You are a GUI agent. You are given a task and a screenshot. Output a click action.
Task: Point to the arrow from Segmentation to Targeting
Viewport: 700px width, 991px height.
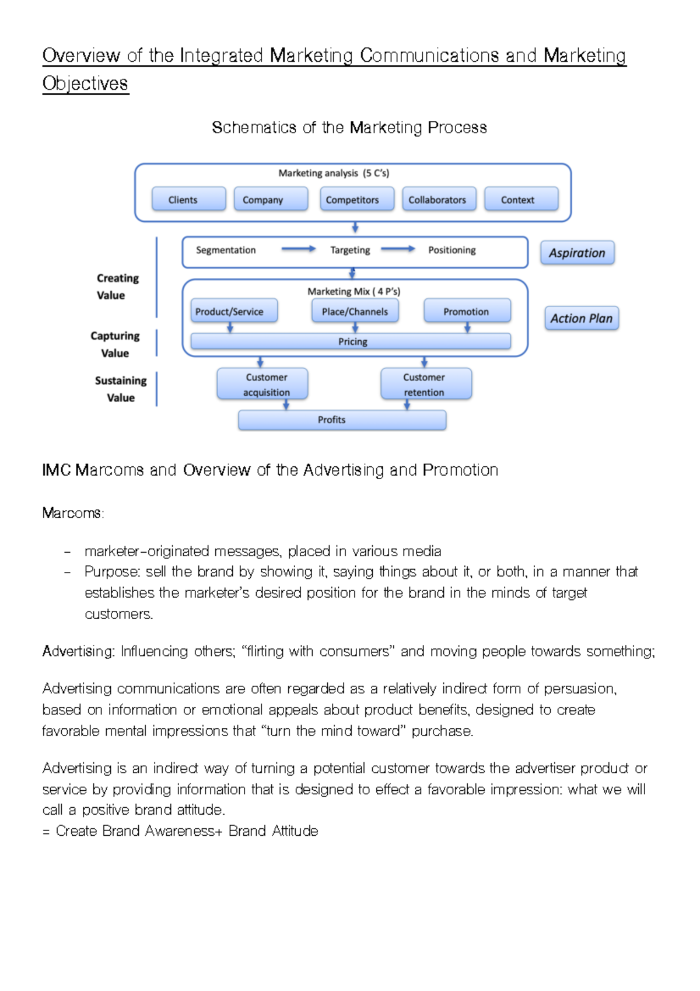pyautogui.click(x=298, y=249)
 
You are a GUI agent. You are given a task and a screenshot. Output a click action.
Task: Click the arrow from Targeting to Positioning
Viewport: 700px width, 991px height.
pyautogui.click(x=398, y=249)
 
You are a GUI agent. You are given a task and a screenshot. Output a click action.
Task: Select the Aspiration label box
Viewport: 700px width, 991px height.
pyautogui.click(x=577, y=253)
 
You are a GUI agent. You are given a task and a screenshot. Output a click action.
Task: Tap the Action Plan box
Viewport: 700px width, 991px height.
pyautogui.click(x=581, y=318)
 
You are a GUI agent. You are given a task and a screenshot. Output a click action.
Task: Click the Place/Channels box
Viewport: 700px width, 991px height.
pyautogui.click(x=355, y=311)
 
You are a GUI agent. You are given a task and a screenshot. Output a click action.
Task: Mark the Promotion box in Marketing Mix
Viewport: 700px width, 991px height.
pyautogui.click(x=467, y=311)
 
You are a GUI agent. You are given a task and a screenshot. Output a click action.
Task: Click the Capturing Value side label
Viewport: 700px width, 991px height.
pyautogui.click(x=115, y=344)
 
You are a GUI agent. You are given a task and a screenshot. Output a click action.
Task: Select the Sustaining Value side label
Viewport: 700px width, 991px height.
pyautogui.click(x=121, y=389)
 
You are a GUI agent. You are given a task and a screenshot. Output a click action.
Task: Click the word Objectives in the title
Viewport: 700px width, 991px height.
pyautogui.click(x=85, y=83)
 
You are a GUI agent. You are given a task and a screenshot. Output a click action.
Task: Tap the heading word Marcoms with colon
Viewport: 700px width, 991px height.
pyautogui.click(x=73, y=513)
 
